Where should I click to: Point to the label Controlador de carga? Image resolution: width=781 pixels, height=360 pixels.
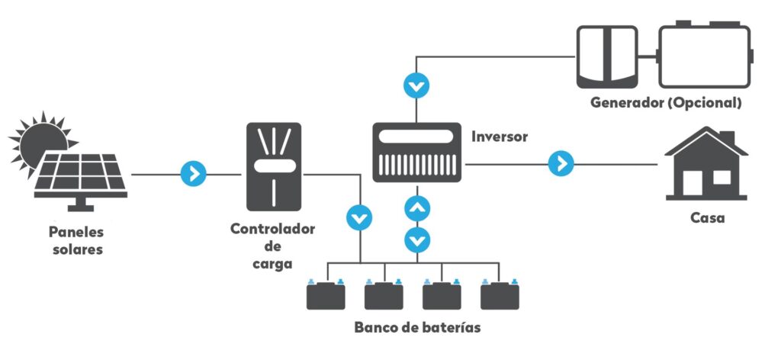pyautogui.click(x=273, y=246)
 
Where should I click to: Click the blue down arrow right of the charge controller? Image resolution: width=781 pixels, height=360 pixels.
pyautogui.click(x=358, y=218)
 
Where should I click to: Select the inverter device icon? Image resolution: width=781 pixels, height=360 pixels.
pyautogui.click(x=417, y=153)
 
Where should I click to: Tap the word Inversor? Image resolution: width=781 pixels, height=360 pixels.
pyautogui.click(x=500, y=137)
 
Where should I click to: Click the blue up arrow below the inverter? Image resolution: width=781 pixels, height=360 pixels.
pyautogui.click(x=416, y=207)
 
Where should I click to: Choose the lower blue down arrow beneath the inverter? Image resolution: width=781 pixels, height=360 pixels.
pyautogui.click(x=416, y=239)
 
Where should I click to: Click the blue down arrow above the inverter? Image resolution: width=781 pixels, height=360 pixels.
pyautogui.click(x=416, y=85)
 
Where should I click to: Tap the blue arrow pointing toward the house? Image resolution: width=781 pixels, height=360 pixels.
pyautogui.click(x=561, y=163)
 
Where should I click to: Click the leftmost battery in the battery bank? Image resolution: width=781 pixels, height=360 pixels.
pyautogui.click(x=326, y=295)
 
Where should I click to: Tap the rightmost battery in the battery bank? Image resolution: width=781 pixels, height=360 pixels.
pyautogui.click(x=500, y=295)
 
